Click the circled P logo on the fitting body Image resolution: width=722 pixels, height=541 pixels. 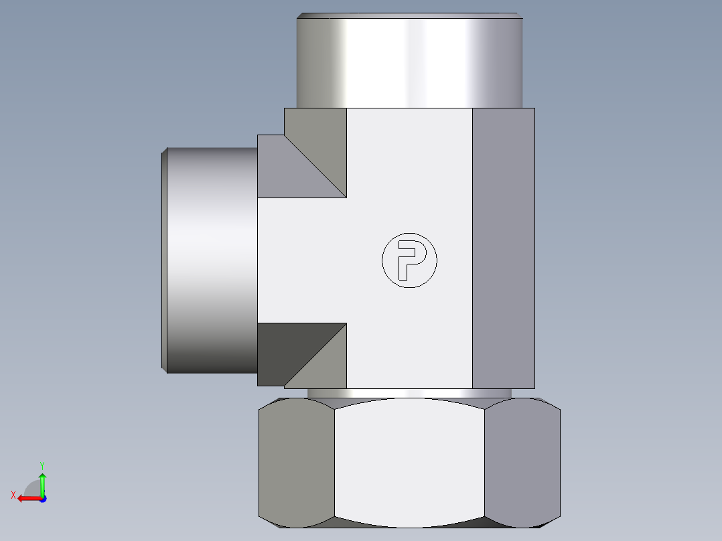coord(409,260)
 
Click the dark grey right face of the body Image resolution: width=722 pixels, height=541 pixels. coord(503,248)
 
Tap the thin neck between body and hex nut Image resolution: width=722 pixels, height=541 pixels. coord(409,394)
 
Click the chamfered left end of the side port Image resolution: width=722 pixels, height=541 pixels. coord(164,260)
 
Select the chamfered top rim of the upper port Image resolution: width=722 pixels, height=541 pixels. coord(409,15)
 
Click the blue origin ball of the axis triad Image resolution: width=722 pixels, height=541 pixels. coord(42,498)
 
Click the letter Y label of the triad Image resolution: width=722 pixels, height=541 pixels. coord(42,465)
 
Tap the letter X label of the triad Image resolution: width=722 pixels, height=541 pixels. coord(13,495)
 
